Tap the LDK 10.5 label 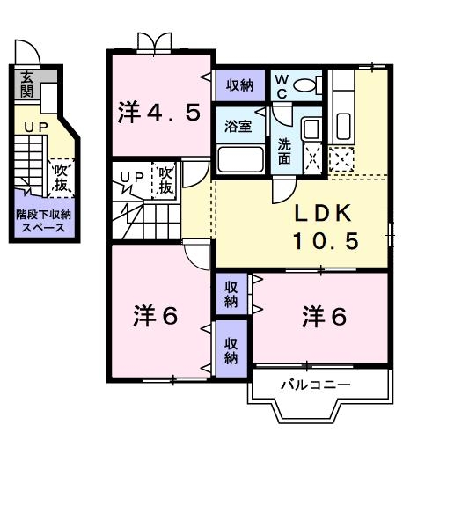327,226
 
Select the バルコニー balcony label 316,385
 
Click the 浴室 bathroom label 238,126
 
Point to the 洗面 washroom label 285,151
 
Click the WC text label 283,86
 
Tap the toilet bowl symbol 309,85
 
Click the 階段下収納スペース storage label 43,221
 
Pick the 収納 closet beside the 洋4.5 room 240,85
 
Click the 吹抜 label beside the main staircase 165,180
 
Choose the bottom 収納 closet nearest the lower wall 231,351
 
